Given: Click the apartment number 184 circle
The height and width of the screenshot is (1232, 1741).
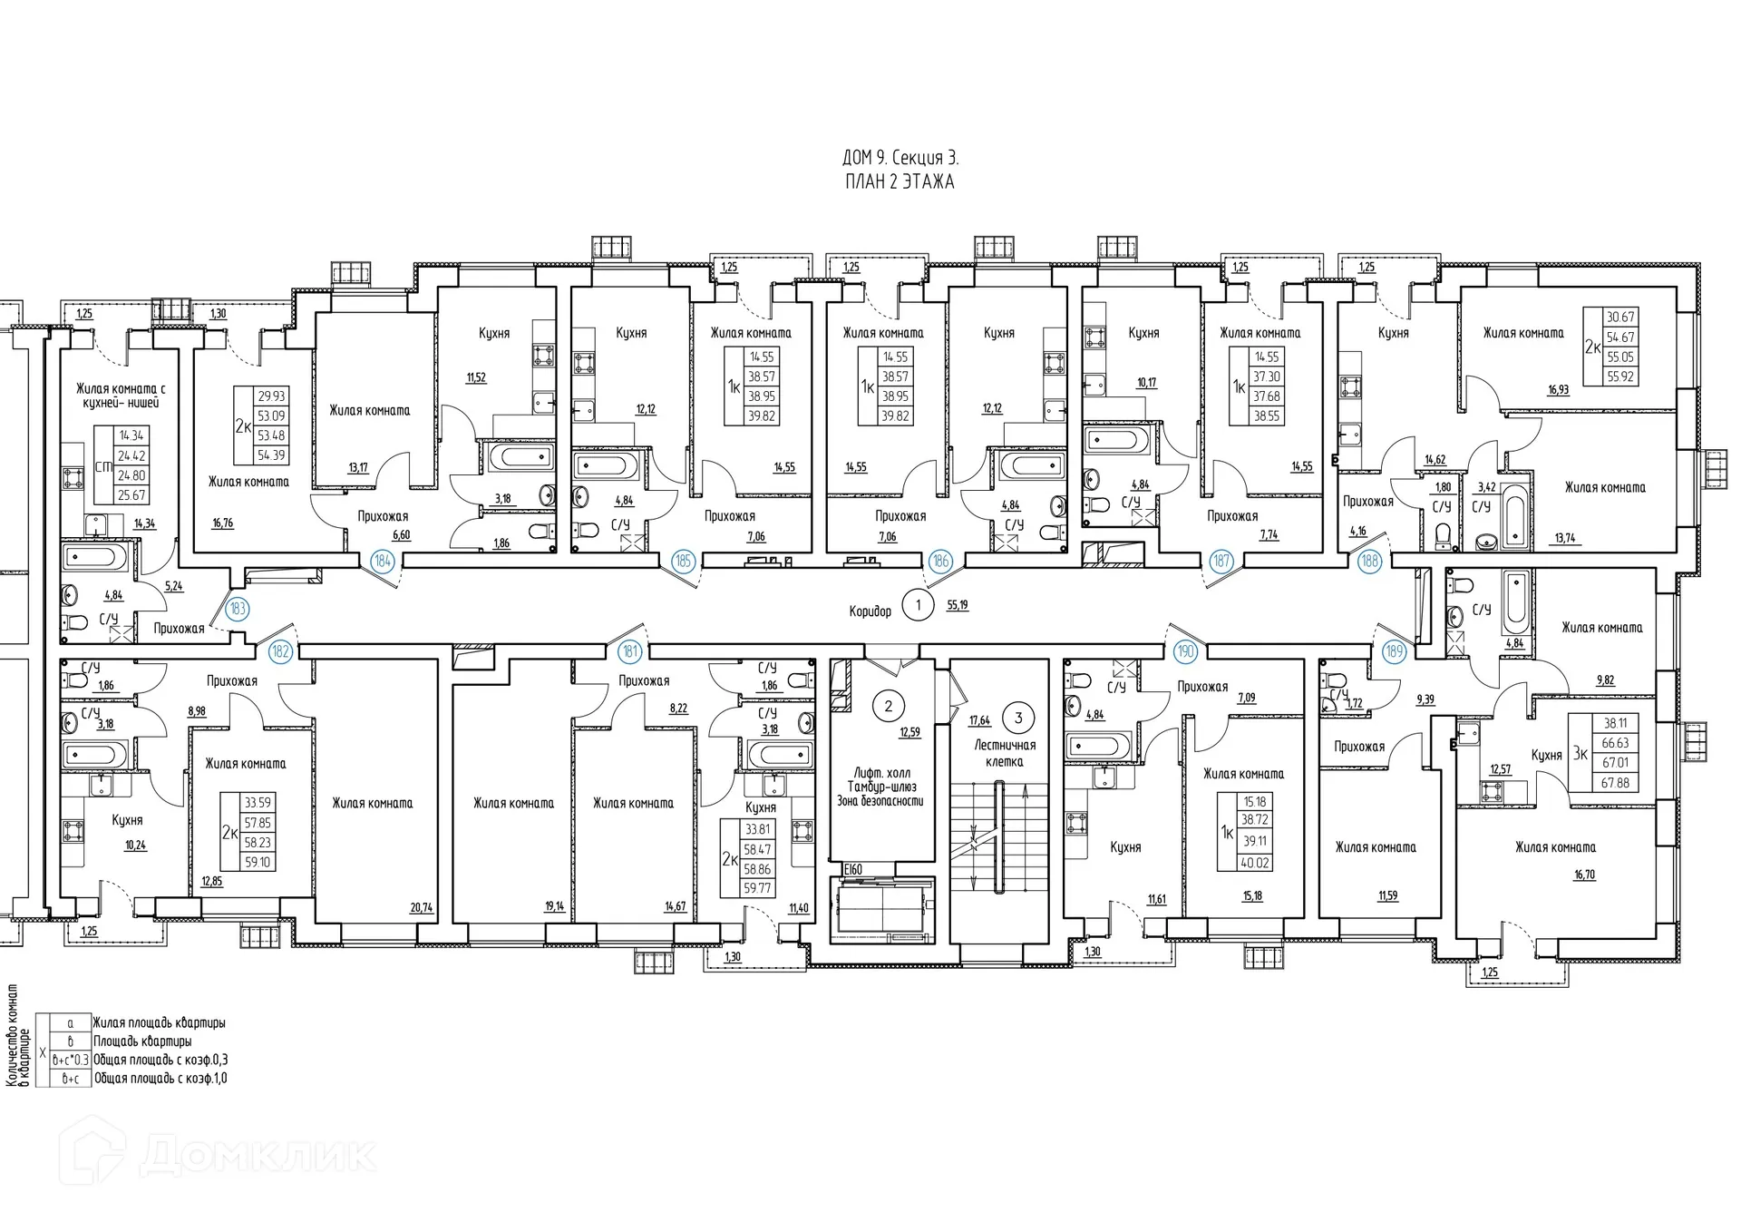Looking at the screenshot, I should (383, 562).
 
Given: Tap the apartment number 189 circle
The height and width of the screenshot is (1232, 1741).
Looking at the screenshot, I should (1394, 650).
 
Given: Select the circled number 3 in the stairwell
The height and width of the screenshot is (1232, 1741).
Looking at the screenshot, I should (1018, 718).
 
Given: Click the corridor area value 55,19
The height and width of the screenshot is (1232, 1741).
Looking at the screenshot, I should (957, 604).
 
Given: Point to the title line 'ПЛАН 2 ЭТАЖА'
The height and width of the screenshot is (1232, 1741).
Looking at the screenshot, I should (899, 181).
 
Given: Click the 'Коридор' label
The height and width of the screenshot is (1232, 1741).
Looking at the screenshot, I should (870, 611).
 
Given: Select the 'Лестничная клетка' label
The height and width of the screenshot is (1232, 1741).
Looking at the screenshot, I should (1005, 753).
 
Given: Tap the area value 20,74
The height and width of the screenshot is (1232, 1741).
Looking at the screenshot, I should (422, 906).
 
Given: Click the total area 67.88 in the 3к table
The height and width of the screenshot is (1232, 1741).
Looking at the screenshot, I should (1615, 782).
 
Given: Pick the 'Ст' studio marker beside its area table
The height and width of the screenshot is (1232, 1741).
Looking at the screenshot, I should (103, 467).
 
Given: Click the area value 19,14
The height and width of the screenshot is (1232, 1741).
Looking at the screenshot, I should (554, 906).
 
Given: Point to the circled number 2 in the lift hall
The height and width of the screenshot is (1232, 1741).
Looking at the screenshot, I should (889, 706).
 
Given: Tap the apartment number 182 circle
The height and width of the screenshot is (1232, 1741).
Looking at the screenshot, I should (281, 650).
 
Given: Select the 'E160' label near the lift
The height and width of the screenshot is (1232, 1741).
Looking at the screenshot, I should (852, 869).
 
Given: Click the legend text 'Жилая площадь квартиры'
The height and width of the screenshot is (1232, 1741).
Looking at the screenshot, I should (159, 1022).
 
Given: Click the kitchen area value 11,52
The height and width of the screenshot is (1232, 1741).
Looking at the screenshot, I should (476, 377).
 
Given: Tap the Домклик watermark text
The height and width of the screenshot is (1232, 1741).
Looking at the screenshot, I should (258, 1155).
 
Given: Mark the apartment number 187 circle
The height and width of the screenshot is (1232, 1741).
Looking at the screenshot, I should (1221, 562).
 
